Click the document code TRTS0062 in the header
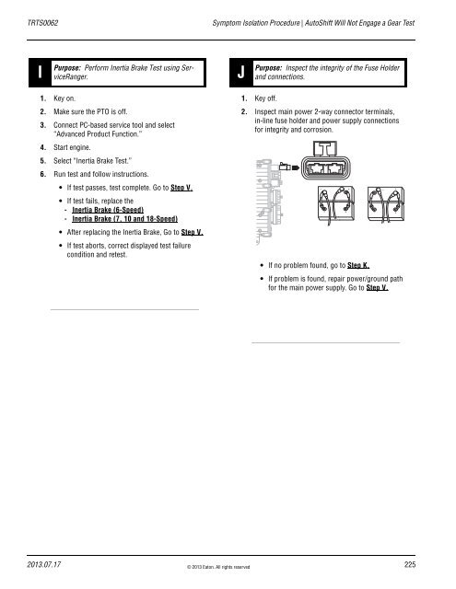pyautogui.click(x=42, y=23)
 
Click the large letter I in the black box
pyautogui.click(x=40, y=72)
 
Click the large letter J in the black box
pyautogui.click(x=241, y=72)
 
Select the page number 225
pyautogui.click(x=410, y=564)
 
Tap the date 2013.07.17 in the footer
pyautogui.click(x=43, y=564)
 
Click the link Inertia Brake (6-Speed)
pyautogui.click(x=108, y=210)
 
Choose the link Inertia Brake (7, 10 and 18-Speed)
pyautogui.click(x=124, y=219)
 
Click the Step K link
pyautogui.click(x=358, y=265)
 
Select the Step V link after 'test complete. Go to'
pyautogui.click(x=181, y=188)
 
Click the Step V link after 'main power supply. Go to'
pyautogui.click(x=377, y=288)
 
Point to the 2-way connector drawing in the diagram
pyautogui.click(x=325, y=160)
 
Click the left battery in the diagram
pyautogui.click(x=336, y=204)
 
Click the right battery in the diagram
pyautogui.click(x=386, y=204)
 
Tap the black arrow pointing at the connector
pyautogui.click(x=296, y=167)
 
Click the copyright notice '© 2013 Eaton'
pyautogui.click(x=218, y=567)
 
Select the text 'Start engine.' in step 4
pyautogui.click(x=72, y=147)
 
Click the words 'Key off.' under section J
pyautogui.click(x=265, y=98)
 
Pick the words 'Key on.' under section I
pyautogui.click(x=64, y=98)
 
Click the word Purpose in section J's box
pyautogui.click(x=268, y=68)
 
